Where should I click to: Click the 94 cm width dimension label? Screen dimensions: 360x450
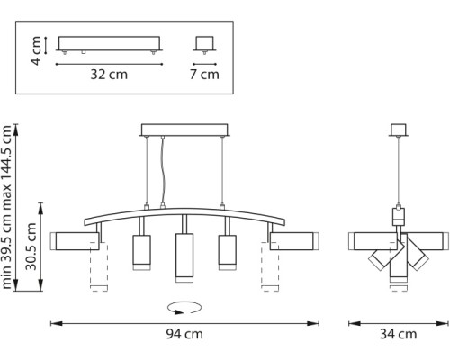pos(184,335)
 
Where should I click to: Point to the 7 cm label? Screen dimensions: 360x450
pos(208,75)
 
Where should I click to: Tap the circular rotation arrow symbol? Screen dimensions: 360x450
pos(184,307)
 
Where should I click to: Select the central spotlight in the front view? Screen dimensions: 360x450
pos(184,255)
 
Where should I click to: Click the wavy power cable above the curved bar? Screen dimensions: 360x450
pos(163,170)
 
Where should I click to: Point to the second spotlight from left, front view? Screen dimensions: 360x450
pos(141,253)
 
